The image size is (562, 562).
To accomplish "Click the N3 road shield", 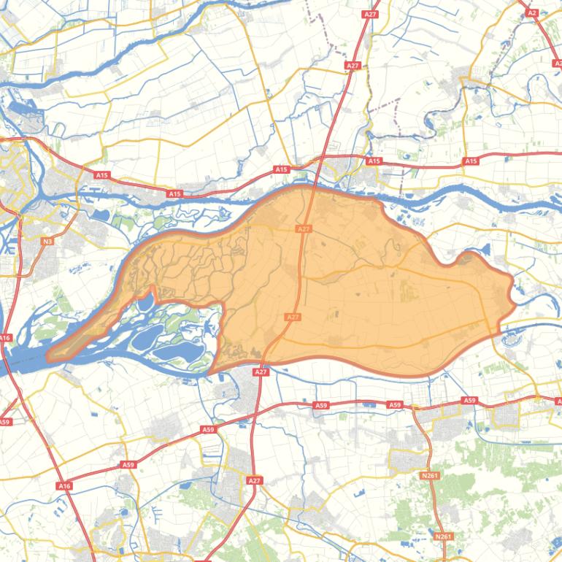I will point(47,241).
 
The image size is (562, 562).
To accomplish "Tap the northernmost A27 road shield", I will point(370,14).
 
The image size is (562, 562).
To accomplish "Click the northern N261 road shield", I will point(430,475).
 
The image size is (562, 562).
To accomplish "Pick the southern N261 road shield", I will point(443,536).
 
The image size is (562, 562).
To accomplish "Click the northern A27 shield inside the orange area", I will point(304,228).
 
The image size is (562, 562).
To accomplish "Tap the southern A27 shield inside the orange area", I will point(292,317).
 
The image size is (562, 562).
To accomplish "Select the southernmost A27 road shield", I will point(254,481).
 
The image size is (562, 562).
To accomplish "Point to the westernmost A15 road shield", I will point(101,175).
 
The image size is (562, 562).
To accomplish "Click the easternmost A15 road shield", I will point(471,161).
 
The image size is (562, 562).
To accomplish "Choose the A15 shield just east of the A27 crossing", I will point(374,161).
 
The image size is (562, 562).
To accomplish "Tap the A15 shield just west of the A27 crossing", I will point(282,169).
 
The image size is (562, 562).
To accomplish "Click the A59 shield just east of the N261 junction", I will point(469,401).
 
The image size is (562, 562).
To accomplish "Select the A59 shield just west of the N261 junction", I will point(395,404).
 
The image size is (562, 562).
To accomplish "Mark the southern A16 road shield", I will point(63,485).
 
